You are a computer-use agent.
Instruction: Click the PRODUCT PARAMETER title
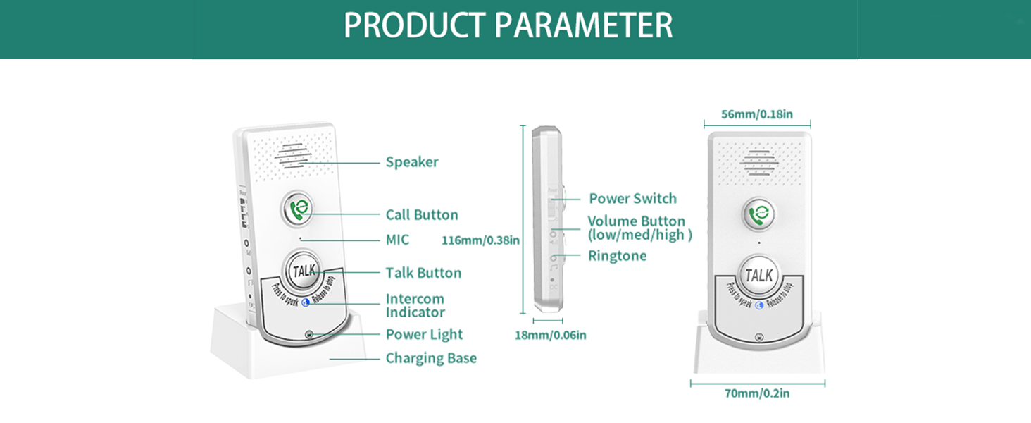pos(508,25)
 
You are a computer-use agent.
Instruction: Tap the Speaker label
pos(411,162)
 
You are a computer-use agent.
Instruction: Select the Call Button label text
pos(421,215)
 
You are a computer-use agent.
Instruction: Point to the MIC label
pos(397,240)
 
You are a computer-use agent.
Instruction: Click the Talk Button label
pos(423,273)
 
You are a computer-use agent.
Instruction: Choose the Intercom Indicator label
pos(415,305)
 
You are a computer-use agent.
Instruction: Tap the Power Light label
pos(424,334)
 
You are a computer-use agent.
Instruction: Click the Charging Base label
pos(431,358)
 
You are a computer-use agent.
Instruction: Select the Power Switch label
pos(632,199)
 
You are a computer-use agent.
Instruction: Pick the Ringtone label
pos(617,256)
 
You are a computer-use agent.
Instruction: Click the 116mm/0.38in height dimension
pos(480,240)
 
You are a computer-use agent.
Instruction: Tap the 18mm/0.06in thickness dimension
pos(550,335)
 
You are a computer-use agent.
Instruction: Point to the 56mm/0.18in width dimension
pos(757,114)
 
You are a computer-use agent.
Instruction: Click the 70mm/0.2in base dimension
pos(757,393)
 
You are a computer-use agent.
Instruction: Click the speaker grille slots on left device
pos(294,157)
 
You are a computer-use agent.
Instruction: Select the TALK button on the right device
pos(758,276)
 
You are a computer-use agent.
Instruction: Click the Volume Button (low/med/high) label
pos(639,228)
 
